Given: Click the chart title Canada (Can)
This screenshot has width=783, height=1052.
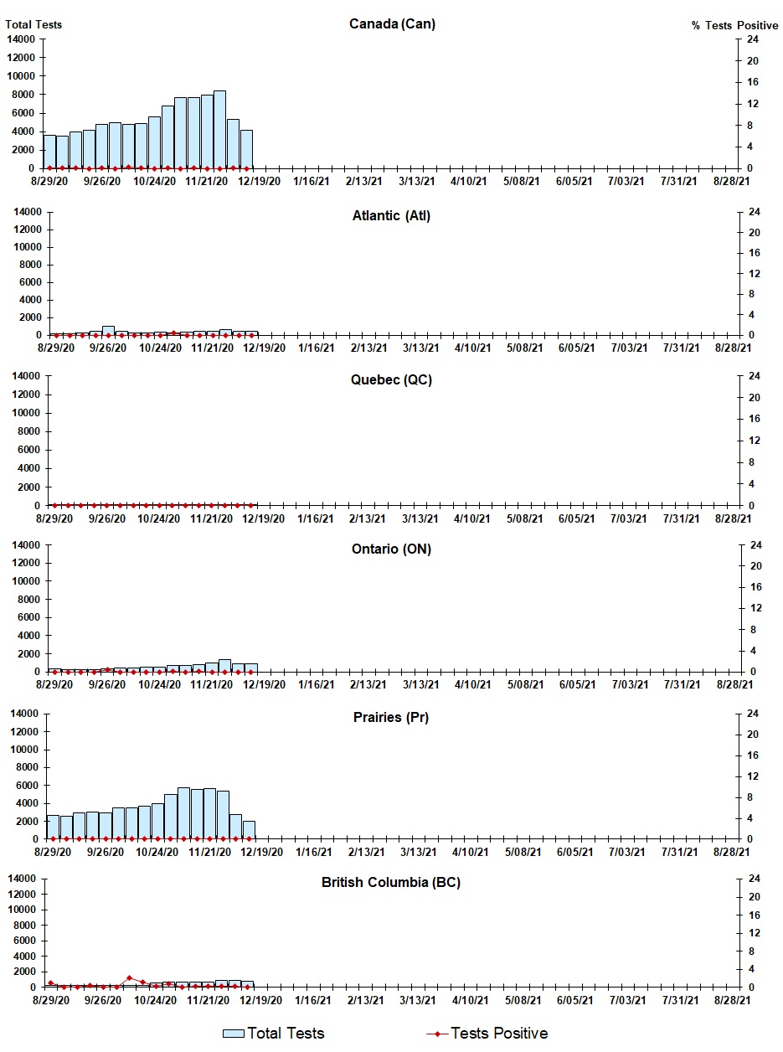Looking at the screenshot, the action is click(x=392, y=23).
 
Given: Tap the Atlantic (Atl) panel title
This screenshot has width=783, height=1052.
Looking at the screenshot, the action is click(x=391, y=215).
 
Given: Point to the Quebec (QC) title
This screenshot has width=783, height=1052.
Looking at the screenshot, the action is click(x=391, y=379).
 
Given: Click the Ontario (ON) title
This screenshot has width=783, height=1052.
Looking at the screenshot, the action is click(x=391, y=549).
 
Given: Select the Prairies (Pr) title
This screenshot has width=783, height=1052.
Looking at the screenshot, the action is click(x=391, y=717).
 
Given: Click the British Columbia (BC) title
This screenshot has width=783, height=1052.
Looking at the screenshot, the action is click(x=391, y=882).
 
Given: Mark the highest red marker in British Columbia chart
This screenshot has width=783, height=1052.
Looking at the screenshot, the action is click(x=129, y=977).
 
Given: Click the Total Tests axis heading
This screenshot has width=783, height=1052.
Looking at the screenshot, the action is click(x=33, y=24).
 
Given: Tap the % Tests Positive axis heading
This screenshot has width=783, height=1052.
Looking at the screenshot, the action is click(x=734, y=25).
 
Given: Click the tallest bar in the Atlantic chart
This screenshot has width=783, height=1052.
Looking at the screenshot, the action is click(x=108, y=330).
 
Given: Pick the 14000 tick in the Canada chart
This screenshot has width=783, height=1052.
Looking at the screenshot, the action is click(x=22, y=39).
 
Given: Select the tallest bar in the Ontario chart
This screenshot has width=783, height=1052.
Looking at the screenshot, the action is click(x=224, y=665).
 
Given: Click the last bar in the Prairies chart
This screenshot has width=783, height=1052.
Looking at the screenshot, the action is click(x=249, y=829).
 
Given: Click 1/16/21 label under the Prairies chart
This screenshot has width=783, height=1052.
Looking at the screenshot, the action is click(x=312, y=852).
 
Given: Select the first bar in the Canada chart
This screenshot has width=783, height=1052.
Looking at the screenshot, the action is click(x=49, y=152).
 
